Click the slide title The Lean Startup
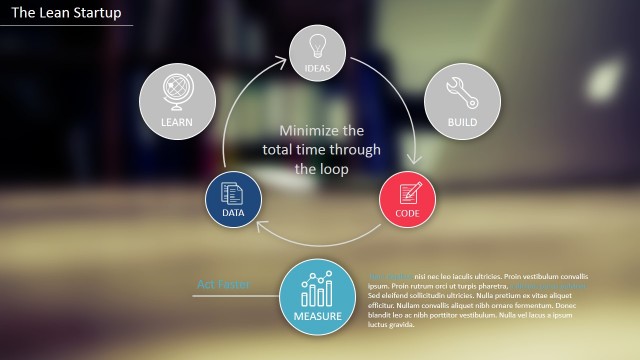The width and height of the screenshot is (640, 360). (x=66, y=13)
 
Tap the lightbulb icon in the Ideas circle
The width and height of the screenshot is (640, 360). (x=318, y=46)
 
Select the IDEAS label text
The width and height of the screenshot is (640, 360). (x=318, y=68)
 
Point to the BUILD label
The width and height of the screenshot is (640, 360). (x=462, y=123)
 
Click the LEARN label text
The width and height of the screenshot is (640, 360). (x=176, y=123)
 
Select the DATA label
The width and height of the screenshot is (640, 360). (x=233, y=213)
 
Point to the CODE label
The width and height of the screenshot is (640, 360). (x=408, y=213)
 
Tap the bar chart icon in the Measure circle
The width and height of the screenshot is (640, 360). (x=318, y=290)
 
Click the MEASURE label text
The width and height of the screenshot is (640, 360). (x=318, y=317)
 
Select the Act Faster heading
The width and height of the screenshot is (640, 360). (x=223, y=285)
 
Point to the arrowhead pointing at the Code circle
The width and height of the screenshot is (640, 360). (x=414, y=160)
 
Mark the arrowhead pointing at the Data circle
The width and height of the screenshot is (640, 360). (x=260, y=225)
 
